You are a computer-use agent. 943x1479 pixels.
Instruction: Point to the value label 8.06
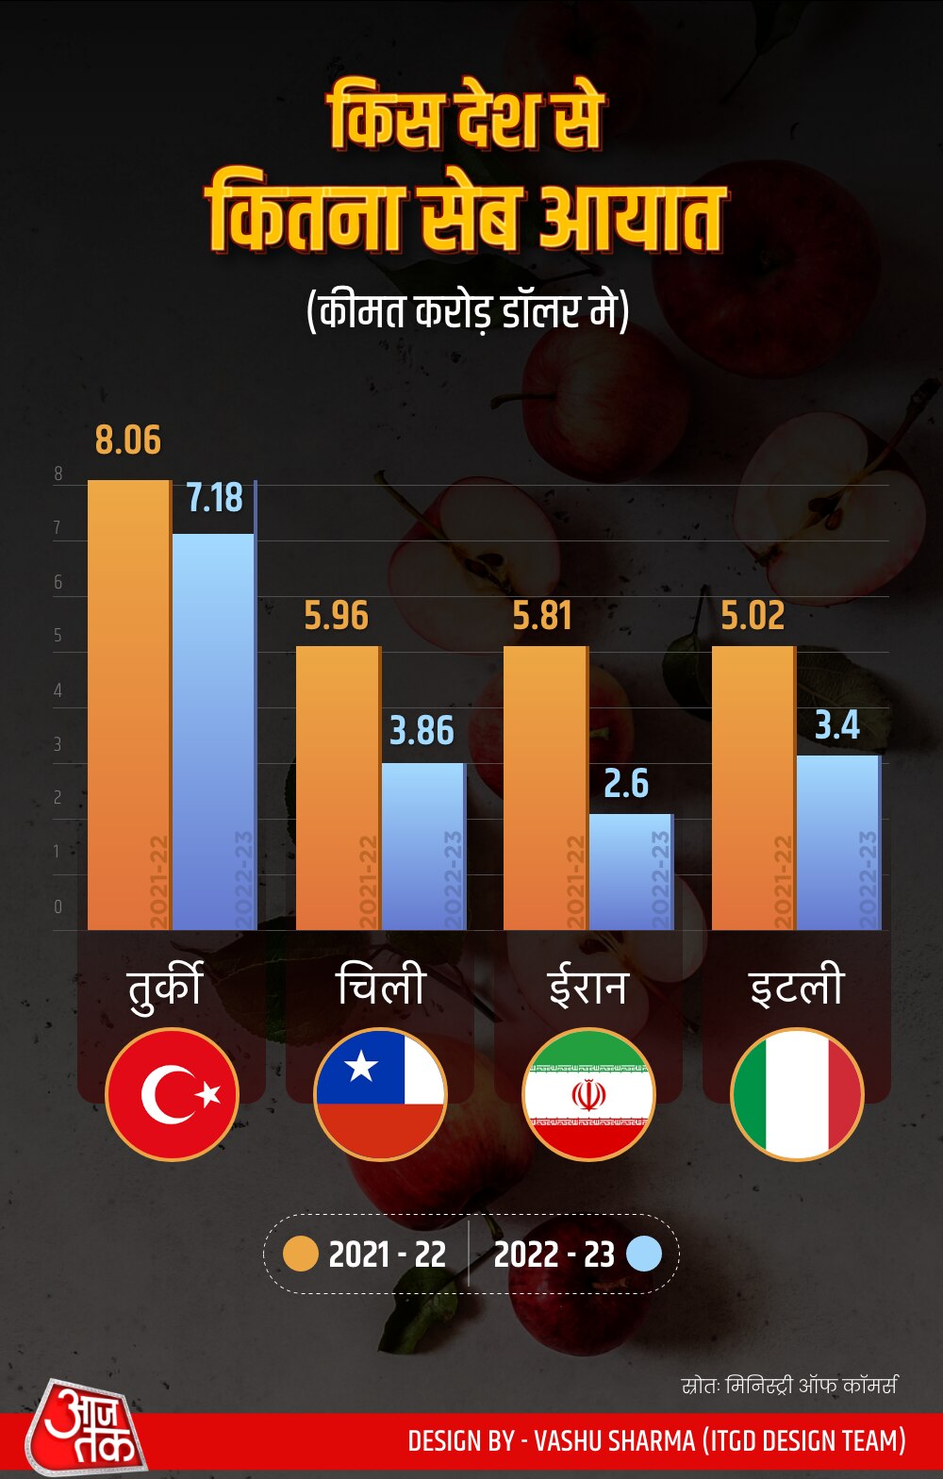click(128, 440)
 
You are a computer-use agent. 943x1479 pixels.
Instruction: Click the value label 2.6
click(626, 784)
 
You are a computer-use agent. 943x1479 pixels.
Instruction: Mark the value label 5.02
click(753, 616)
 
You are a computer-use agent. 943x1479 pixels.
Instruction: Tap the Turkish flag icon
click(172, 1094)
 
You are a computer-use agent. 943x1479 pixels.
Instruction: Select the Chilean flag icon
click(380, 1094)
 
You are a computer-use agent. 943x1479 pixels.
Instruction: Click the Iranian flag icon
click(588, 1094)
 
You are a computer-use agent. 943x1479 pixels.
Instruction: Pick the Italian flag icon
click(797, 1094)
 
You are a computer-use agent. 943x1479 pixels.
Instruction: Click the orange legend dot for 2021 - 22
click(301, 1254)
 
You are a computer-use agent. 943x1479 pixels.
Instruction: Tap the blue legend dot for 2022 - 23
click(643, 1254)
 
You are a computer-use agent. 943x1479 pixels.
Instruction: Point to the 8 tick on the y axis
click(58, 474)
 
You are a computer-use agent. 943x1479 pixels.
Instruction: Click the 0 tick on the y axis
click(58, 907)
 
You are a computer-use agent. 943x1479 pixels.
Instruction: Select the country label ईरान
click(587, 987)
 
